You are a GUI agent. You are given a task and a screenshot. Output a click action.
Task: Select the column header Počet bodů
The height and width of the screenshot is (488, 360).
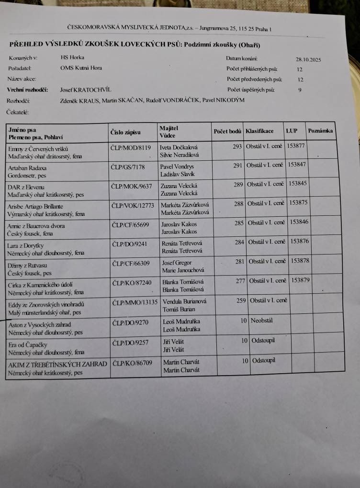point(227,131)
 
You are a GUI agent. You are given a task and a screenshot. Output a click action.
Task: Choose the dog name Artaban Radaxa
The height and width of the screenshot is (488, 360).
point(28,168)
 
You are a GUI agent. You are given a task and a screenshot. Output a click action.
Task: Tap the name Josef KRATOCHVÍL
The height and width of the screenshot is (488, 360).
point(85,89)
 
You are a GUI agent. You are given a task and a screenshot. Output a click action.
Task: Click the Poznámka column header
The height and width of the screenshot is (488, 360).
point(320,131)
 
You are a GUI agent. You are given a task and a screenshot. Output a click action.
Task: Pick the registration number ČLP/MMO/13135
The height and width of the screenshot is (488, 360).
point(135,302)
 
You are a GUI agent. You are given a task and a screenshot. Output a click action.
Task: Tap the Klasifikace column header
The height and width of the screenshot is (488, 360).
point(259,131)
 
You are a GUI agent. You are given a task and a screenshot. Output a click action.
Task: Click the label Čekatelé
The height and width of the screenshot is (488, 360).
point(18,112)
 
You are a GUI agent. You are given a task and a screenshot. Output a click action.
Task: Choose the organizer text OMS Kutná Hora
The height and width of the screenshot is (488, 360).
point(81,68)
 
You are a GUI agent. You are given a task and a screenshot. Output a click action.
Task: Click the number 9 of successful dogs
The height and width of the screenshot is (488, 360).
point(300,89)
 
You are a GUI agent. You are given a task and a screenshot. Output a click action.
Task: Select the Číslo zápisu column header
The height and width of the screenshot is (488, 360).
point(126,131)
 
